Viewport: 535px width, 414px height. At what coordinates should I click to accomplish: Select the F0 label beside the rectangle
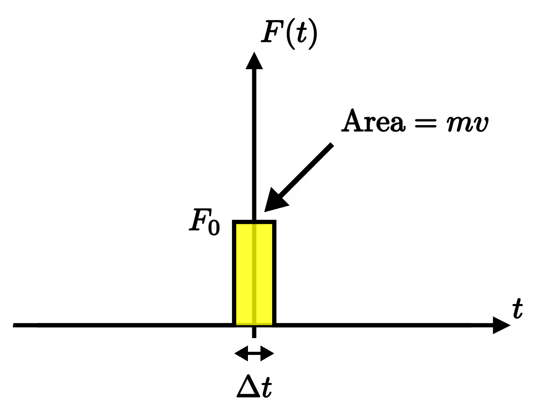point(205,221)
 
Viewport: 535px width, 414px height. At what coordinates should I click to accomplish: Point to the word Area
point(373,121)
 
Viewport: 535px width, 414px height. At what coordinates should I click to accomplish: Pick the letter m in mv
point(460,123)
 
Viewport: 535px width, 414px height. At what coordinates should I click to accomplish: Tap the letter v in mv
point(481,124)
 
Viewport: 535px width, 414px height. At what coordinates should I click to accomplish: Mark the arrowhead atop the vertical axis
point(254,61)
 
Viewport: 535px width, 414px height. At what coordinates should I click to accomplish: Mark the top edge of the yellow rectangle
point(254,222)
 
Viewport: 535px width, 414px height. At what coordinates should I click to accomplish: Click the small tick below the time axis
point(254,333)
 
